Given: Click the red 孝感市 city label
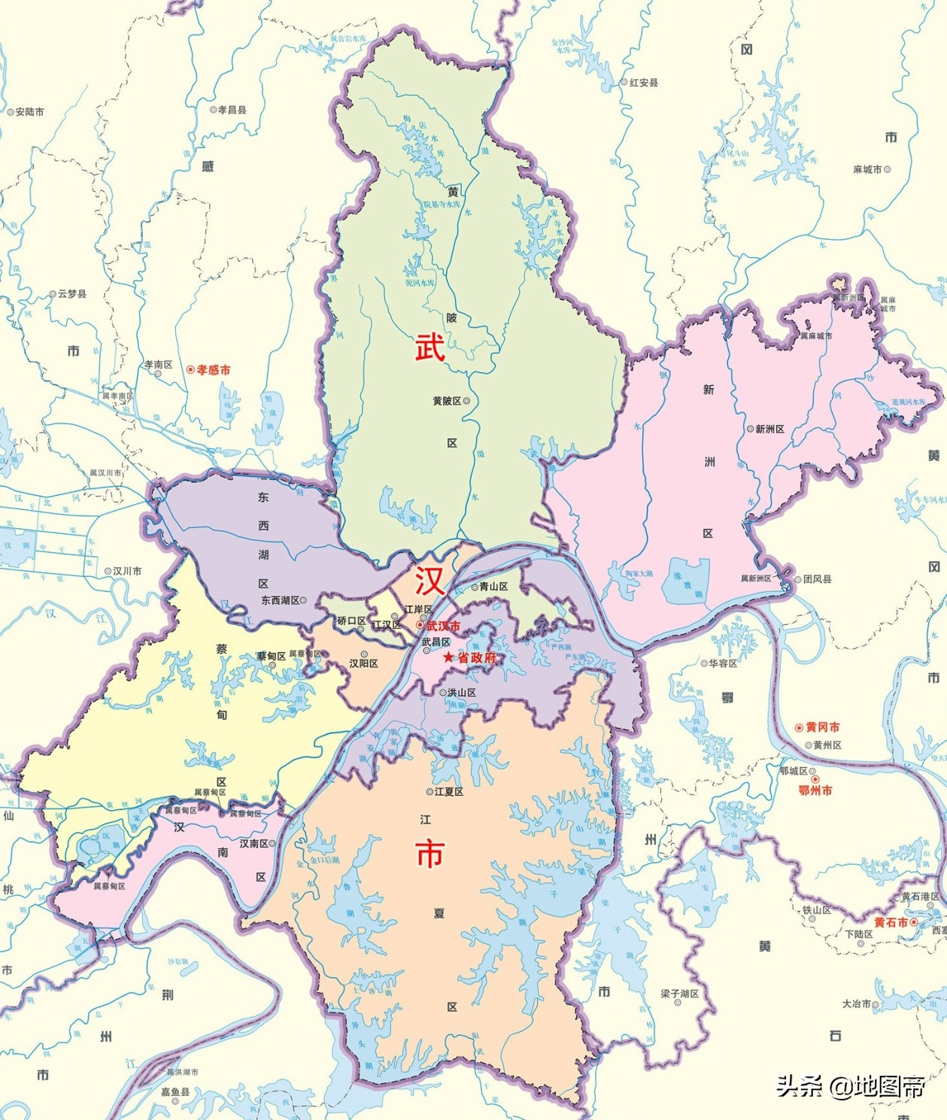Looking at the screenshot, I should tap(213, 370).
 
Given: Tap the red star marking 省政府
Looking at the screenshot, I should tap(449, 657).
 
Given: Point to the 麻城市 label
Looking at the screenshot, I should tap(867, 170).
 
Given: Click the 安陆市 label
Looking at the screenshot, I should tap(29, 112).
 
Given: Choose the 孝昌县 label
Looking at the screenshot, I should tap(232, 110).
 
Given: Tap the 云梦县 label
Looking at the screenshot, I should tap(71, 294).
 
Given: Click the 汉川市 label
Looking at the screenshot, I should tap(127, 571).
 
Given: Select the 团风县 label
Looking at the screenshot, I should tap(817, 579).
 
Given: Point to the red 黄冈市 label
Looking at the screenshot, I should tap(822, 727).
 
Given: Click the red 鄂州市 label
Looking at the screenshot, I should tap(815, 791).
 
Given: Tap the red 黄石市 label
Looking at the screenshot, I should tap(891, 922).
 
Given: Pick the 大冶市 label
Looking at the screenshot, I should tap(857, 1004).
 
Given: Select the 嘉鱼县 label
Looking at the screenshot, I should tap(175, 1091).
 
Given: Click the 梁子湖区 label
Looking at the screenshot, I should tap(679, 994).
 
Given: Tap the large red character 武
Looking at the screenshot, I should tap(429, 348).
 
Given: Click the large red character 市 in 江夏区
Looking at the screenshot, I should tap(429, 854).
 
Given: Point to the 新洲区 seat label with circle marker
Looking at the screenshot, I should tap(769, 429).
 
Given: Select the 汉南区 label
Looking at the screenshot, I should tap(253, 843).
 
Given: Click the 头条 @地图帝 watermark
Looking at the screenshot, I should tap(850, 1085).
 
